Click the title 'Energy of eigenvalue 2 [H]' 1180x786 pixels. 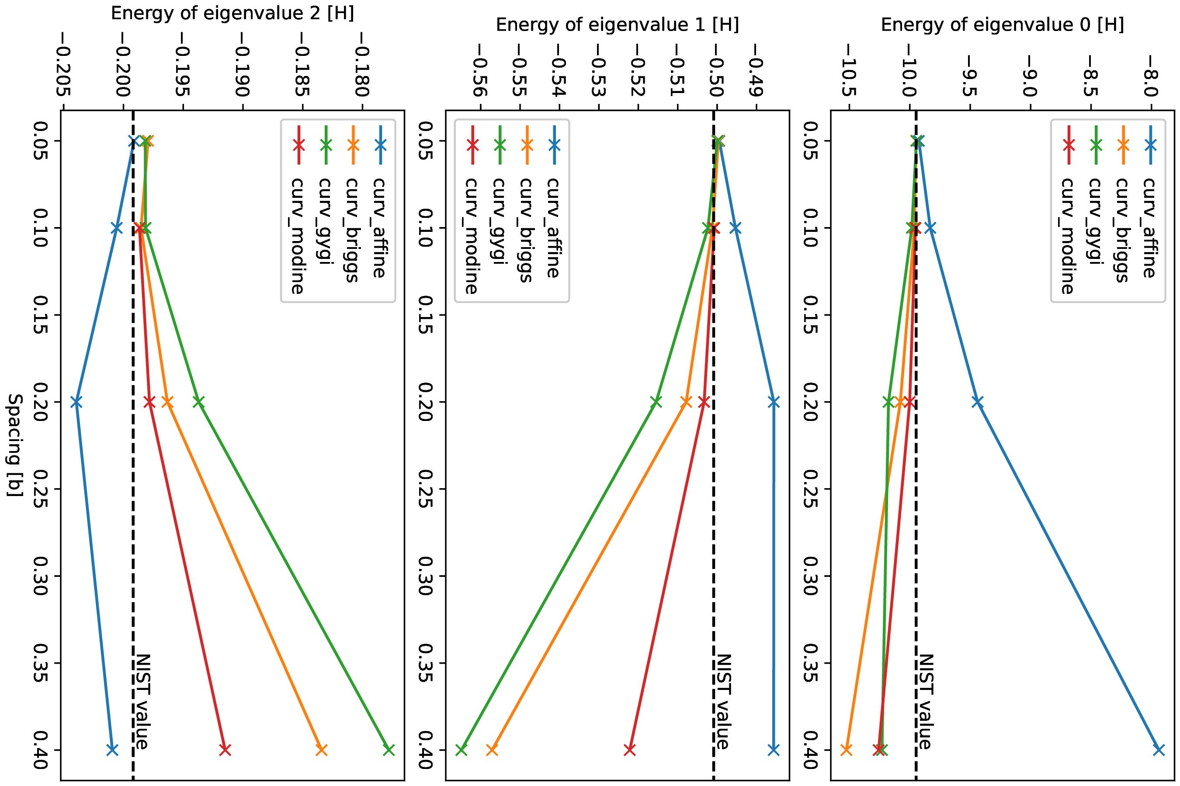[233, 13]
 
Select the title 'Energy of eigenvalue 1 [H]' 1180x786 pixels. [617, 24]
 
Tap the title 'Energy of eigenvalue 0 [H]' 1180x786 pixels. [1003, 24]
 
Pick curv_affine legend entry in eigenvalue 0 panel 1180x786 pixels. [1149, 228]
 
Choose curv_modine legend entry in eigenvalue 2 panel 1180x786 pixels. [298, 236]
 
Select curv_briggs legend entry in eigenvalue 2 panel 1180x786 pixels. [352, 230]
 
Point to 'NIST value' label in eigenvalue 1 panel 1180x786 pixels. [722, 702]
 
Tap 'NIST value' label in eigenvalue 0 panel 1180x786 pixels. [925, 702]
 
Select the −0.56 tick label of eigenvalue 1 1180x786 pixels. [480, 71]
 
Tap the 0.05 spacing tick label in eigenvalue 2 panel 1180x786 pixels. [41, 141]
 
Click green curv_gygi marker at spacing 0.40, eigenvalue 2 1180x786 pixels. [389, 750]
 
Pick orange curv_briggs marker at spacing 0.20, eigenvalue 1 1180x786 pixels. [686, 402]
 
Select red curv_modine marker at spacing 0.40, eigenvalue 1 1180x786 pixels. [630, 750]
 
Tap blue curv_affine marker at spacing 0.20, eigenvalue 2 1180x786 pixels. [76, 402]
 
